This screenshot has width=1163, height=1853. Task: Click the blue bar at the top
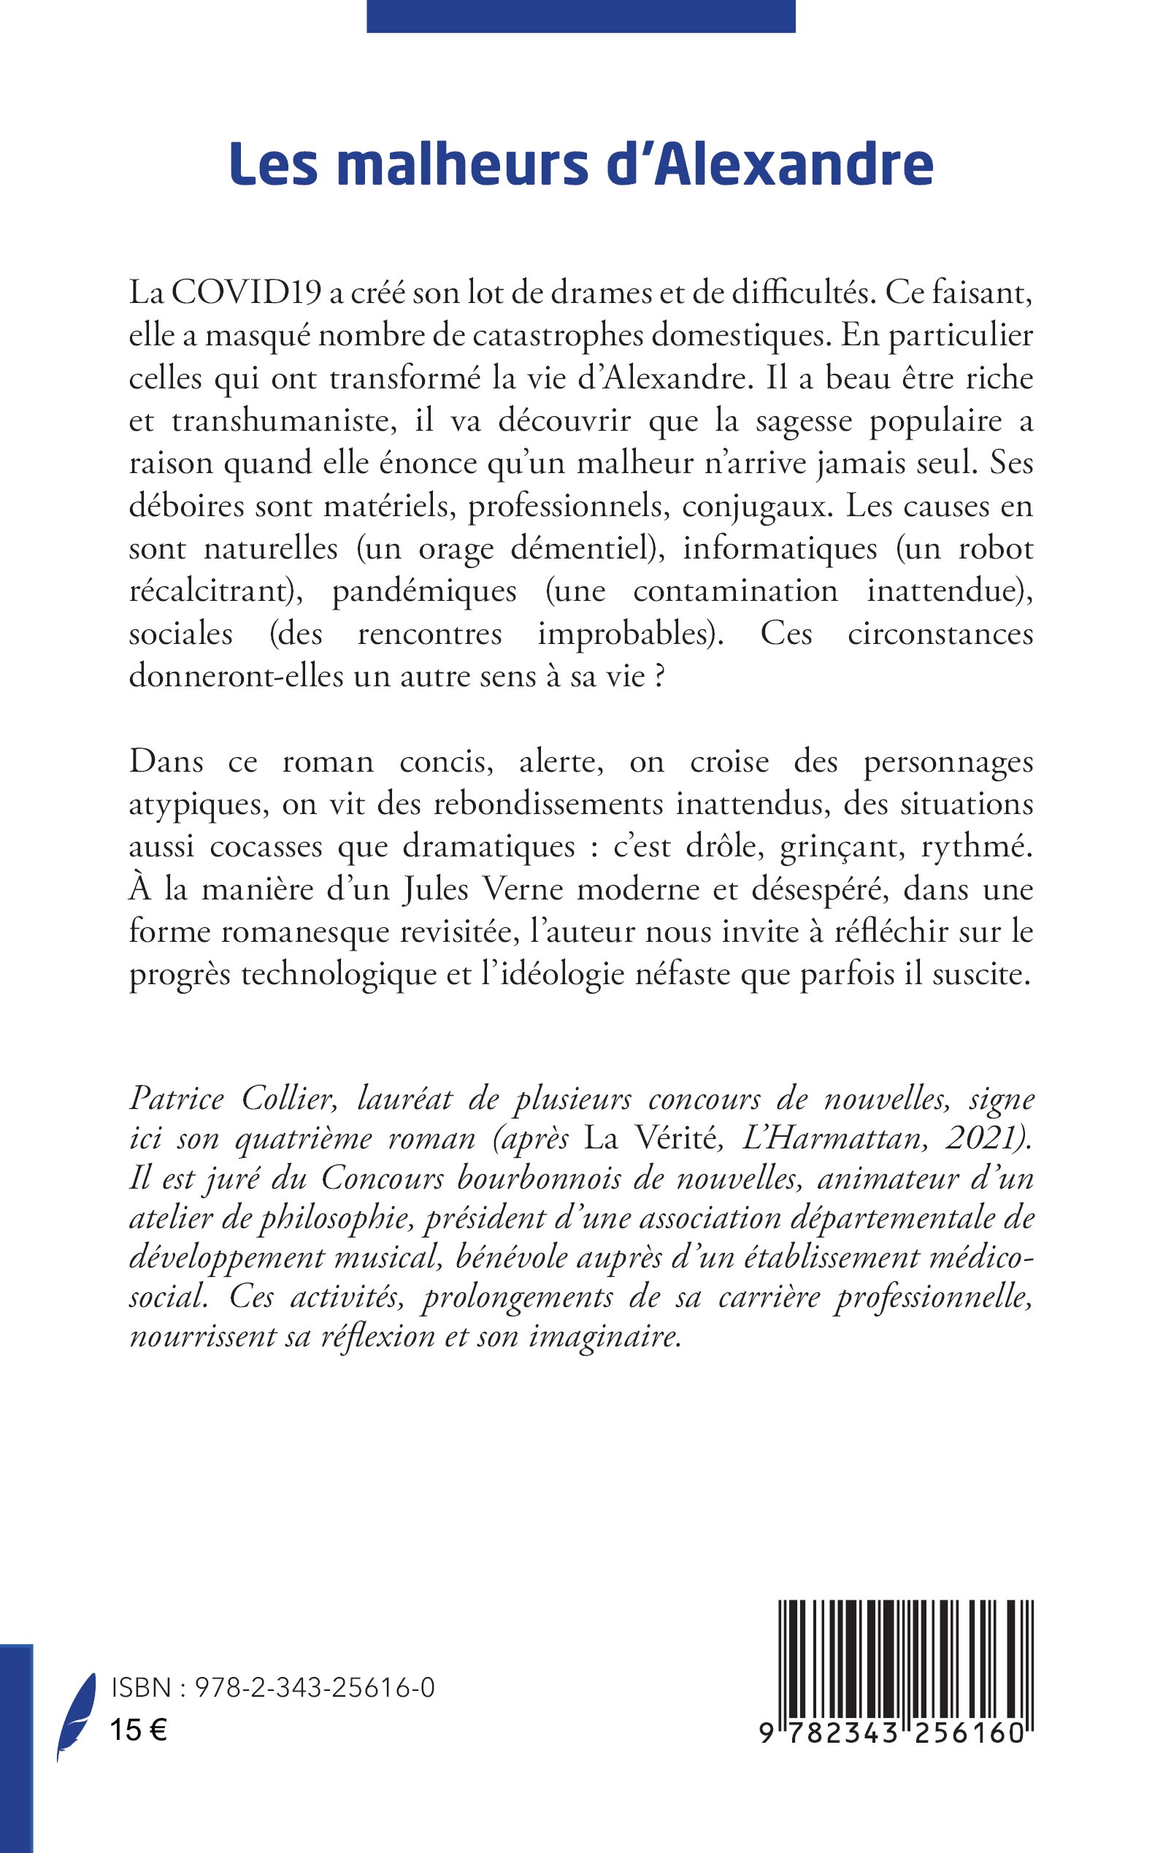pos(580,15)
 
